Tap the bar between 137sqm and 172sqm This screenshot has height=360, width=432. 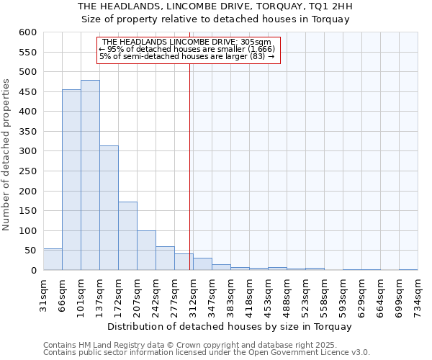[109, 208]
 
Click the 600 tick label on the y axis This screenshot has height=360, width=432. [27, 32]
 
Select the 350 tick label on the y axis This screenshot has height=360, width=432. [27, 132]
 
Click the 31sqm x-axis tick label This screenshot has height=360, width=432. [43, 294]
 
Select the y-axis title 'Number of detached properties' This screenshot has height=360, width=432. [7, 155]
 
